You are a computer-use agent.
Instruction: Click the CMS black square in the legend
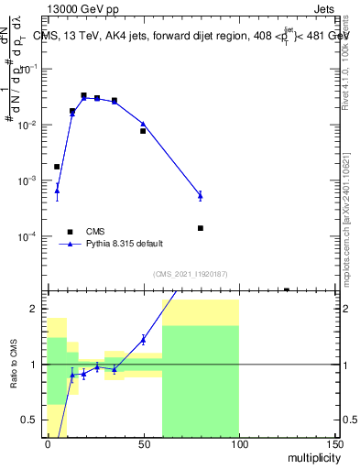(69, 232)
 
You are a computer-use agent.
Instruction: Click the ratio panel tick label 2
(35, 309)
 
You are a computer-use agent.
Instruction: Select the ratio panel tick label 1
(35, 365)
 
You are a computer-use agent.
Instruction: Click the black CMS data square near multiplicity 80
(200, 228)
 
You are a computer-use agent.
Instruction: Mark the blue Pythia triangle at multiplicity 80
(200, 195)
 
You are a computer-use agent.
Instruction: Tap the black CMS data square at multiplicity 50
(143, 131)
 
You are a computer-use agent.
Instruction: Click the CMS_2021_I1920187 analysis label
(190, 274)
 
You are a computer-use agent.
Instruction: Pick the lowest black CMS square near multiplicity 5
(57, 167)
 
